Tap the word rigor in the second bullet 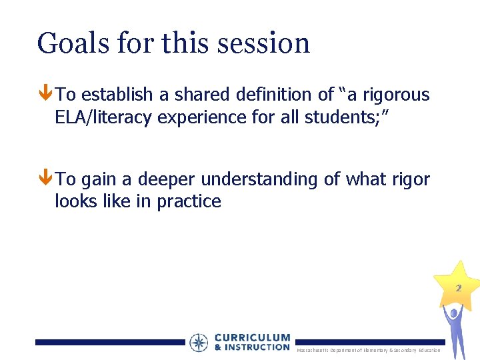tap(411, 179)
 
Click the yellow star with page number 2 tap(457, 285)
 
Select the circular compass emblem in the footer tap(199, 343)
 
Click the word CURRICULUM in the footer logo tap(252, 338)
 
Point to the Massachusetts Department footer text tap(369, 350)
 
